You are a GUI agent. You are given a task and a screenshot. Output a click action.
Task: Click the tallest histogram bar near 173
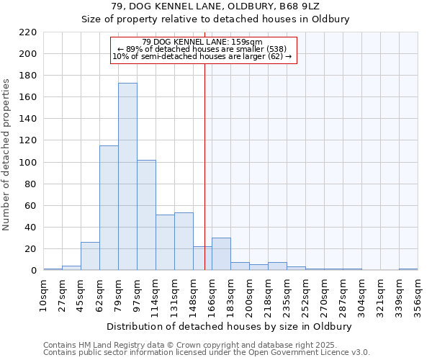[x=127, y=176]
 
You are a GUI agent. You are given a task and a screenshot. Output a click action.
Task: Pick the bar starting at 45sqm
[x=90, y=256]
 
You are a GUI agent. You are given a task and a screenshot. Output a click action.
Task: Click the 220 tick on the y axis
[x=27, y=32]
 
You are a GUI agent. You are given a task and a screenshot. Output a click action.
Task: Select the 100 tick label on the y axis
[x=27, y=163]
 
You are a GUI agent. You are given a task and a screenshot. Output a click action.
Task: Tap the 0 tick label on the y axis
[x=33, y=271]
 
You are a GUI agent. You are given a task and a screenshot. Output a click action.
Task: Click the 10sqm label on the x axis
[x=43, y=295]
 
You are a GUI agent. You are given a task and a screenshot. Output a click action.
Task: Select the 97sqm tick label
[x=137, y=295]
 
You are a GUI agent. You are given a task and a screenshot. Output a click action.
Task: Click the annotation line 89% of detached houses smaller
[x=202, y=49]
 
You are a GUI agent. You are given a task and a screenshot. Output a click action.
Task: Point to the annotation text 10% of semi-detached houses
[x=202, y=56]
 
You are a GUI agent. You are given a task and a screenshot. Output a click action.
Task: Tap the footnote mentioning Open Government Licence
[x=206, y=353]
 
